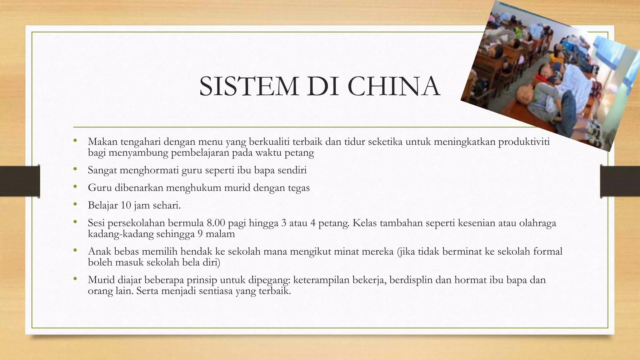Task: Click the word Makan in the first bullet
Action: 102,142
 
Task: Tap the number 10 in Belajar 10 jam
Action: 126,205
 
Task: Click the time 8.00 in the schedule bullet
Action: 216,223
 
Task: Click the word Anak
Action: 99,251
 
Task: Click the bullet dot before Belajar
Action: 75,205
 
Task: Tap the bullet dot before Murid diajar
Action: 75,279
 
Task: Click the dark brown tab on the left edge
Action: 20,181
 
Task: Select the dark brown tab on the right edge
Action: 620,181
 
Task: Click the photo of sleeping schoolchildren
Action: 550,75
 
